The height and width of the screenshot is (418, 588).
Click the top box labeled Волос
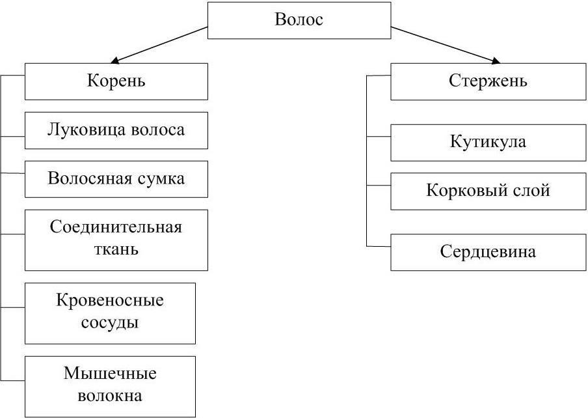coord(299,20)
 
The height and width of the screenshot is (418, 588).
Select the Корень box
coord(116,81)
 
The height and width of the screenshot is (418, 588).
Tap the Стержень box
coord(488,81)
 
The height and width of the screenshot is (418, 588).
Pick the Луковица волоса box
coord(116,130)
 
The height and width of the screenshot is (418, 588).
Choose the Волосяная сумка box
coord(116,179)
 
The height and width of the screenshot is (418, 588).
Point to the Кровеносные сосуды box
coord(110,313)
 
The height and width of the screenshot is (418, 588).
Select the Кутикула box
coord(488,143)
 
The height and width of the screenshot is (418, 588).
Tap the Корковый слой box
coord(488,191)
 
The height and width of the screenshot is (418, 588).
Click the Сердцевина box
coord(488,252)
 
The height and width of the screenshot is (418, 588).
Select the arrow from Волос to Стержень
coord(446,46)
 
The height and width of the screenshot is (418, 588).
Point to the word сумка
coord(160,179)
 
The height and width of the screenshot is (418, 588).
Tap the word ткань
coord(116,249)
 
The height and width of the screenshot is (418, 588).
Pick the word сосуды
coord(110,322)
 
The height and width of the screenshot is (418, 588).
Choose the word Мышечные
coord(110,374)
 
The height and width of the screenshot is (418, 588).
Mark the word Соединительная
coord(116,228)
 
